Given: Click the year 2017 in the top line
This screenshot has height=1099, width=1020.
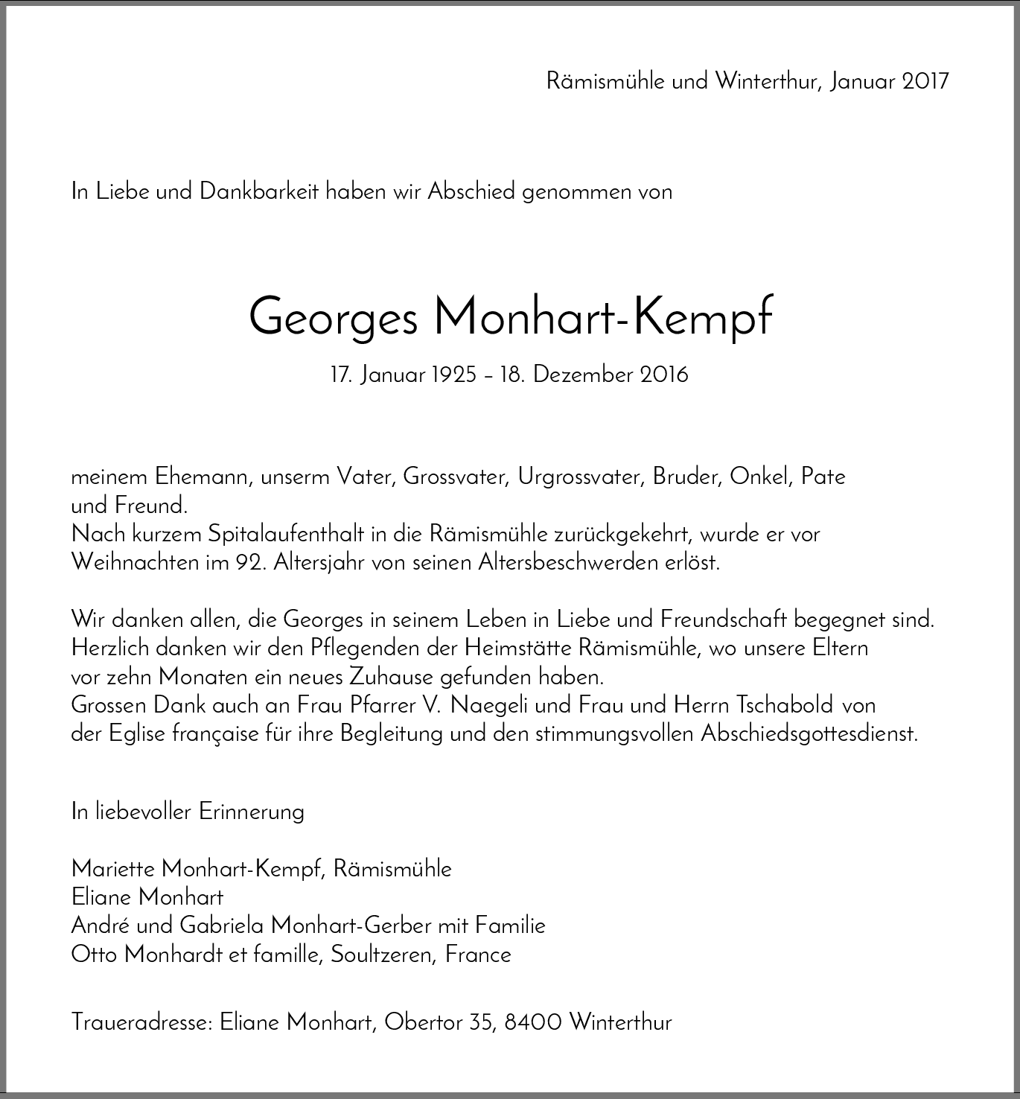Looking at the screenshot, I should pyautogui.click(x=925, y=80).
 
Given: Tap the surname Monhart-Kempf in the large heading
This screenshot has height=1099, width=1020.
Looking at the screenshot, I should pyautogui.click(x=602, y=316).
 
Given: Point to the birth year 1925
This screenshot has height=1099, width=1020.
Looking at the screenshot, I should pyautogui.click(x=453, y=375).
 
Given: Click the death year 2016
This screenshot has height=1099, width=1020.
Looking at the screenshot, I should pyautogui.click(x=663, y=375).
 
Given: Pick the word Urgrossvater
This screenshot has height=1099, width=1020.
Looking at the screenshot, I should pyautogui.click(x=581, y=477).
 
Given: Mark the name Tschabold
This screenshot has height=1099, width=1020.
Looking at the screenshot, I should pyautogui.click(x=785, y=704).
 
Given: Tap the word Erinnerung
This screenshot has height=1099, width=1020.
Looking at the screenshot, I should pyautogui.click(x=252, y=811).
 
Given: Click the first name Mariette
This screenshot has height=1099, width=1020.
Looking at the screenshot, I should pyautogui.click(x=113, y=868).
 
